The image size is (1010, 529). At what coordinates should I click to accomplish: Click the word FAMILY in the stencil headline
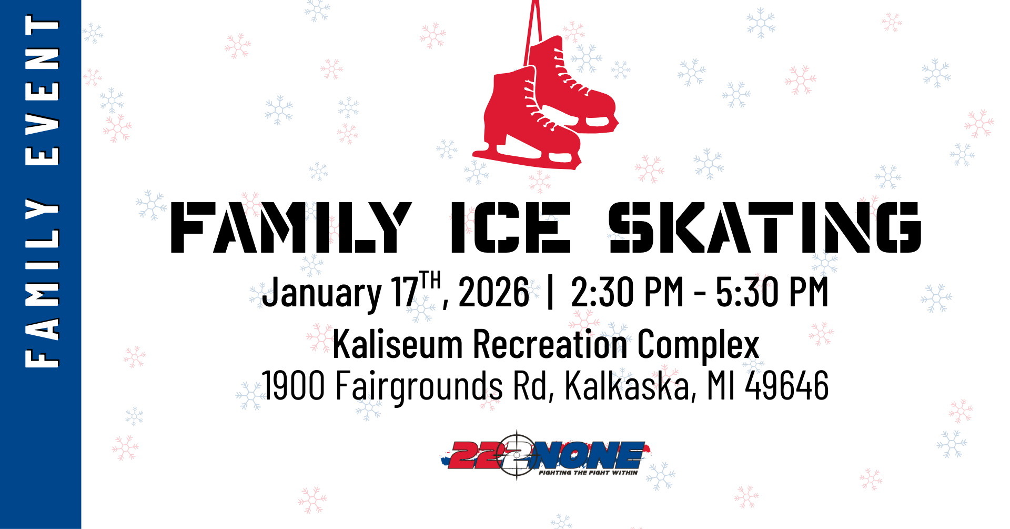291,227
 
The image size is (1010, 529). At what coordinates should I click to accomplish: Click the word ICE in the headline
510,227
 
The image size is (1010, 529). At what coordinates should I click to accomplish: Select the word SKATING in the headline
764,227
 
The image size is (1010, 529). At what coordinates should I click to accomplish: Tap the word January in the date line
322,293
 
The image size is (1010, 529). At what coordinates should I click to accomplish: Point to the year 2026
494,293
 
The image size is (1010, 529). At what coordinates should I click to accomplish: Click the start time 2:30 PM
627,293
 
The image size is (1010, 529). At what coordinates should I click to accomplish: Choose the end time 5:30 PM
772,293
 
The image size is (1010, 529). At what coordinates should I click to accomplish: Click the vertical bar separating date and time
550,293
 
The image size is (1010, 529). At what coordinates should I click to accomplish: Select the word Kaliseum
397,344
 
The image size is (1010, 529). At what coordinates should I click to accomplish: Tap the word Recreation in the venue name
550,344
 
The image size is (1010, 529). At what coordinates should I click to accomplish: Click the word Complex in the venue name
698,345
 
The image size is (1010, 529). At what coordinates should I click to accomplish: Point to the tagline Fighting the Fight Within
588,473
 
